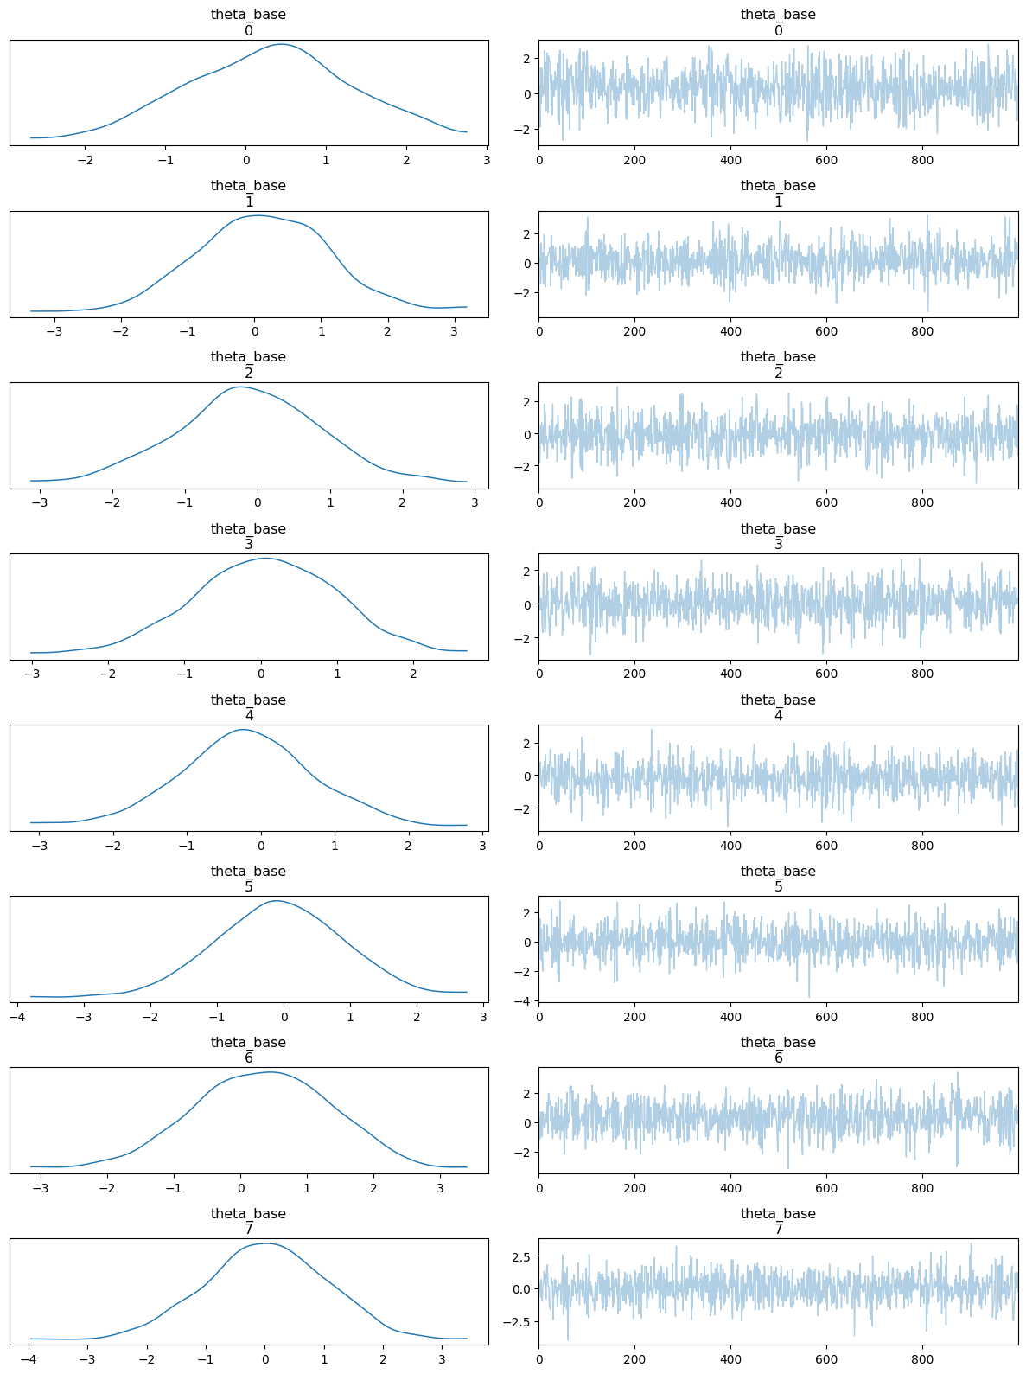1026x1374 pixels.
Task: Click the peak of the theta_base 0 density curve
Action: point(282,44)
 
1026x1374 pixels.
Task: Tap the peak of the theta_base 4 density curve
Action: point(243,730)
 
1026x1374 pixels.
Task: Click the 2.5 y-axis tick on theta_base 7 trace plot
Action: point(521,1256)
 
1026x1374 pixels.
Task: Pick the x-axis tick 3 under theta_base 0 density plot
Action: point(487,160)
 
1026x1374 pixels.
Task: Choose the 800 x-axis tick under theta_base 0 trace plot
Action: point(922,160)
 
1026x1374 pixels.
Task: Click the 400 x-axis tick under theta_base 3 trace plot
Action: point(730,674)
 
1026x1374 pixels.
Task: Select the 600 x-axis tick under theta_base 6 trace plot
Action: point(826,1188)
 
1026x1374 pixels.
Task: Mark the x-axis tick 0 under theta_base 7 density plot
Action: point(264,1359)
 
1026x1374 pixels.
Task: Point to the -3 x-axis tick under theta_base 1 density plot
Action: point(54,331)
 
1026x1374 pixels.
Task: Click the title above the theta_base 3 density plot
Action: point(248,536)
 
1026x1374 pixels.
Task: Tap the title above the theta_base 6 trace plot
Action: point(778,1050)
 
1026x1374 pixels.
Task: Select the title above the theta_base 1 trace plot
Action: point(778,193)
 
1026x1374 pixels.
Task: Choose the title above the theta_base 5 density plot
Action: point(248,879)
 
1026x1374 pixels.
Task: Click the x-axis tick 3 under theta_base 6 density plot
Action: point(440,1188)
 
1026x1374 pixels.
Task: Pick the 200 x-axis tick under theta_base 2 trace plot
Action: point(634,502)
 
